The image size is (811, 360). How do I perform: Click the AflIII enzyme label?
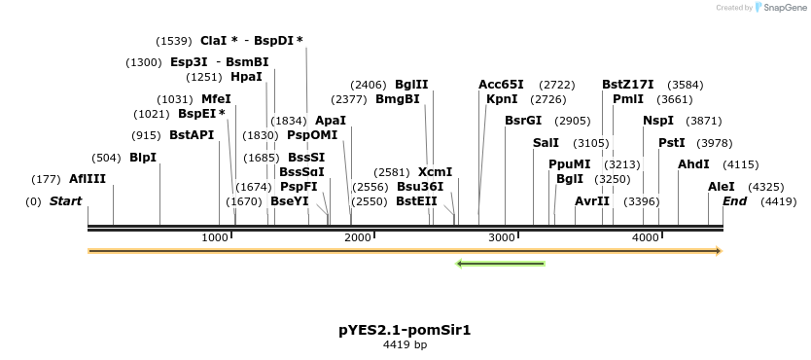click(x=88, y=179)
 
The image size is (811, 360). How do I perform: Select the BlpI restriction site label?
click(x=143, y=158)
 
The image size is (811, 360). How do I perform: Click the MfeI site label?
click(x=216, y=99)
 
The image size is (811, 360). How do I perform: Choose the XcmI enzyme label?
click(x=436, y=172)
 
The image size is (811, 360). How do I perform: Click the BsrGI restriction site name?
click(x=523, y=121)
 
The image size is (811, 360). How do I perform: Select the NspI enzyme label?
click(x=657, y=121)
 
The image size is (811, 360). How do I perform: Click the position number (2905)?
click(x=573, y=121)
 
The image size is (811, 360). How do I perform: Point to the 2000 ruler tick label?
click(x=358, y=238)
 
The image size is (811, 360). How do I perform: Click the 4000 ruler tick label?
click(x=646, y=238)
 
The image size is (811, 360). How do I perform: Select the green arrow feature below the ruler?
click(x=501, y=263)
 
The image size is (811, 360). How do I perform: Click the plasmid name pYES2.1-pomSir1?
click(x=405, y=330)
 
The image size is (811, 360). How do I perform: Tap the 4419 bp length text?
click(x=405, y=345)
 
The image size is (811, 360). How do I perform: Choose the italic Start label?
click(x=65, y=201)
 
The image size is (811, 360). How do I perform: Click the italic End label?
click(x=735, y=201)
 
